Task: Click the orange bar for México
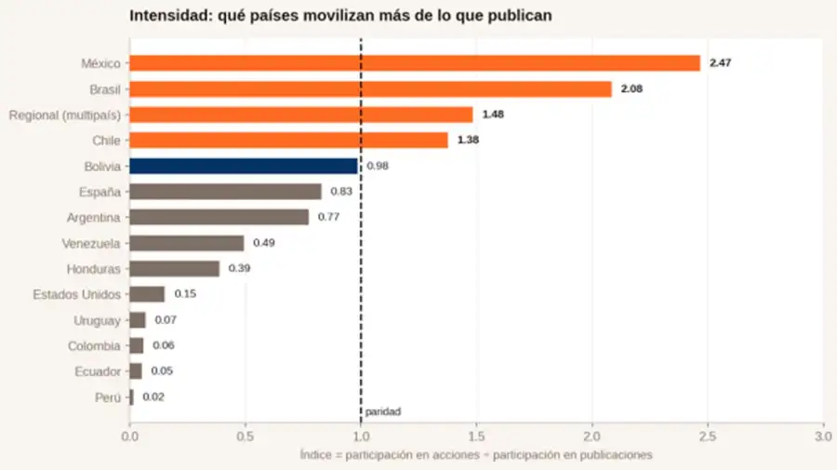pos(415,63)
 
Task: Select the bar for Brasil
pos(370,89)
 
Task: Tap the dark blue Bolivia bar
pos(244,166)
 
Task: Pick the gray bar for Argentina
pos(219,218)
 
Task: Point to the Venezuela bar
pos(187,243)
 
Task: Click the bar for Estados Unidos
pos(147,294)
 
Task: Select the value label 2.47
pos(720,63)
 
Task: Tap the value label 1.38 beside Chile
pos(468,140)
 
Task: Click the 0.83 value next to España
pos(341,191)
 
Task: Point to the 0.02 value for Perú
pos(153,396)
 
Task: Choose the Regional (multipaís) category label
pos(64,115)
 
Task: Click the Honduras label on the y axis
pos(93,269)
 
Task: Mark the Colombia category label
pos(94,346)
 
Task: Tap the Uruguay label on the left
pos(97,320)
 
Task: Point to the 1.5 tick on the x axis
pos(476,436)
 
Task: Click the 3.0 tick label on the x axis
pos(823,436)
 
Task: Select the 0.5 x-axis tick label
pos(245,436)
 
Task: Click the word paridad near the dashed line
pos(383,411)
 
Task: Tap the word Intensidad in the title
pos(171,16)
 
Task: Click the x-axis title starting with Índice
pos(476,455)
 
